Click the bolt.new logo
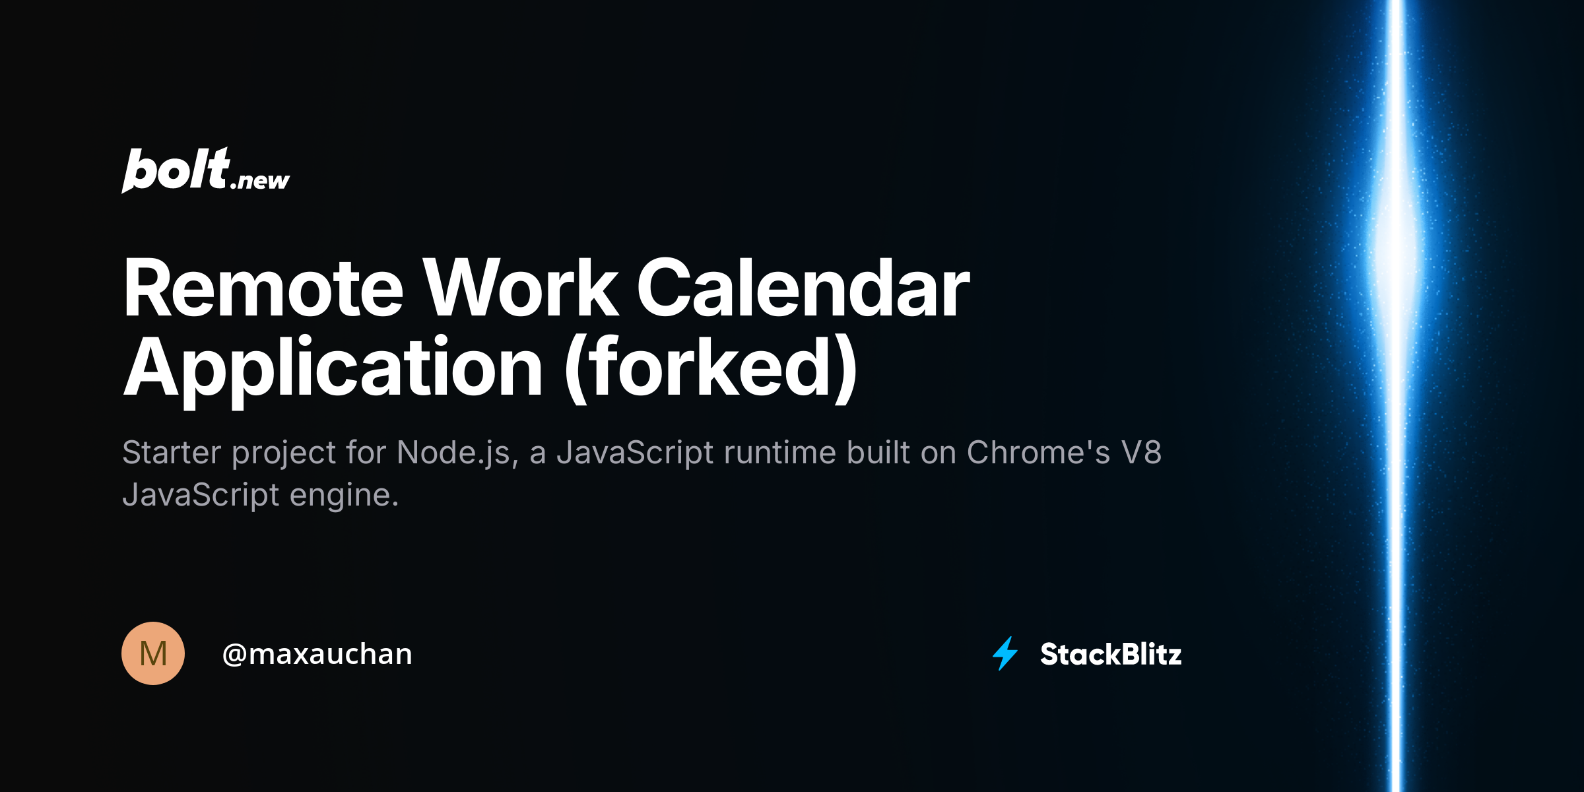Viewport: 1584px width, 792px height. [x=205, y=170]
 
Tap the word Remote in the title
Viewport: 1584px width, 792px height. [x=263, y=288]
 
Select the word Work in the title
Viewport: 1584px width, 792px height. [x=520, y=288]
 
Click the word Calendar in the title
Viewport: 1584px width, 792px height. [x=803, y=288]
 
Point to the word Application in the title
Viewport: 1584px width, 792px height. [x=333, y=368]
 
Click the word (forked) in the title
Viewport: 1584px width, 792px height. [x=711, y=368]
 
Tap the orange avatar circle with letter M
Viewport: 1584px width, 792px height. [x=153, y=653]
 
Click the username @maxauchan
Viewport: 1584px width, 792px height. [x=317, y=654]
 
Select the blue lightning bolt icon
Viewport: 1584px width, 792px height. [x=1005, y=653]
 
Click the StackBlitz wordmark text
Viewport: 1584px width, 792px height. [x=1111, y=654]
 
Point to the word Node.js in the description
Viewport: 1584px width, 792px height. [x=453, y=453]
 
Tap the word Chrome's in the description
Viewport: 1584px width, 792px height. [x=1038, y=453]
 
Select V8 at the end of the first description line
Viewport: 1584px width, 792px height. [x=1141, y=453]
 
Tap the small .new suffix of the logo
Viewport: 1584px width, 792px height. [x=260, y=180]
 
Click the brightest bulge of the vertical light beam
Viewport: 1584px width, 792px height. [x=1395, y=251]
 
